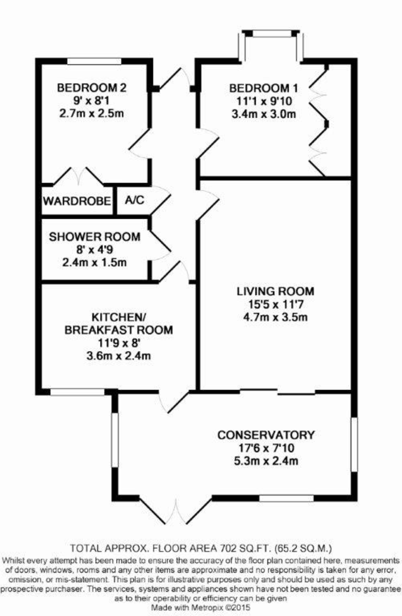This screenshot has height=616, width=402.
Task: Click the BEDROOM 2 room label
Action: click(92, 87)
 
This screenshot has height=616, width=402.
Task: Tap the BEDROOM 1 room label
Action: click(263, 88)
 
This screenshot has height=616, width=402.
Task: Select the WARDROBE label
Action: click(77, 201)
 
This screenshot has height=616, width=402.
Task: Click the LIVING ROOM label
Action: click(275, 291)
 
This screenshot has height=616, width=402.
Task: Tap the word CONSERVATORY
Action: click(265, 435)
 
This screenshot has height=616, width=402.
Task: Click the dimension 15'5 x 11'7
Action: click(275, 304)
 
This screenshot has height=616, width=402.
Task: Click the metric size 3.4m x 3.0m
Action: click(263, 113)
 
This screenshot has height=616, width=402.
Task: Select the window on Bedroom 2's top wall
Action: click(94, 62)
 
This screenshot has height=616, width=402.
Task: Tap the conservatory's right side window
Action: click(354, 445)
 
